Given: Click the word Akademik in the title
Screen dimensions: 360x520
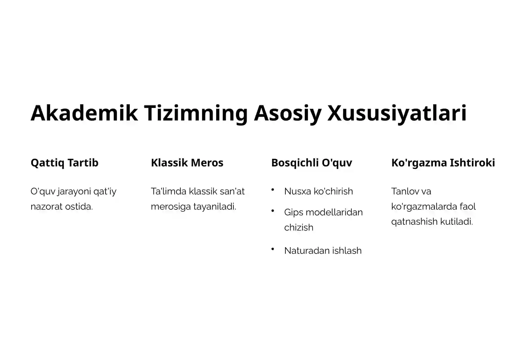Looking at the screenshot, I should pyautogui.click(x=84, y=113).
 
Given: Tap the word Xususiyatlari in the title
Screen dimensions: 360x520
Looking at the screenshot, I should pyautogui.click(x=397, y=113).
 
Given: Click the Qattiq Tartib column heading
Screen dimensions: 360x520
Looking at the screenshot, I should pyautogui.click(x=64, y=163).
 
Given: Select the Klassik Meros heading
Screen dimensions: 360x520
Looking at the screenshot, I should pyautogui.click(x=187, y=163).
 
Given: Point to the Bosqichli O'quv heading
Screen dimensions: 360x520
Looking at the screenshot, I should pyautogui.click(x=311, y=163).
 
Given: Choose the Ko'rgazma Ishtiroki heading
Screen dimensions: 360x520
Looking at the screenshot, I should pyautogui.click(x=443, y=163).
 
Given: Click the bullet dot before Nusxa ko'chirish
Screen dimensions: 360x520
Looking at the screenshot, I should pyautogui.click(x=273, y=189).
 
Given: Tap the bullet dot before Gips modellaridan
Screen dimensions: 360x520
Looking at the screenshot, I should pyautogui.click(x=273, y=211).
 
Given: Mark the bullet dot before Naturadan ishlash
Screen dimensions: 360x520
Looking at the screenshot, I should pyautogui.click(x=273, y=249).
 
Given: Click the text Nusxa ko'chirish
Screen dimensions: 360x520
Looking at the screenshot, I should pyautogui.click(x=318, y=191).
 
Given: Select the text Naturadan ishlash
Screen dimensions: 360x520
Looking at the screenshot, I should pyautogui.click(x=322, y=251).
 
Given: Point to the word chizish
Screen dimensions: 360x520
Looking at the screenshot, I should pyautogui.click(x=298, y=227).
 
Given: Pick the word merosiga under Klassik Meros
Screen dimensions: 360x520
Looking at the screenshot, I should pyautogui.click(x=171, y=207).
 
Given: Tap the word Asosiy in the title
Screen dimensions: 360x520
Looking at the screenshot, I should pyautogui.click(x=288, y=113).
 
